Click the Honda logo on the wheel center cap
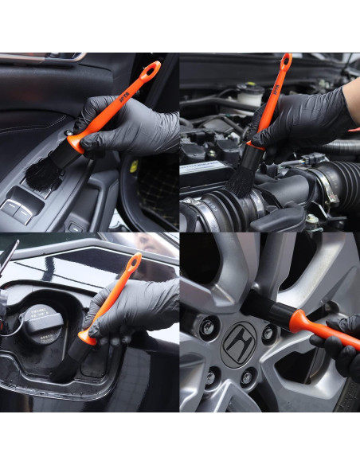(238, 344)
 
